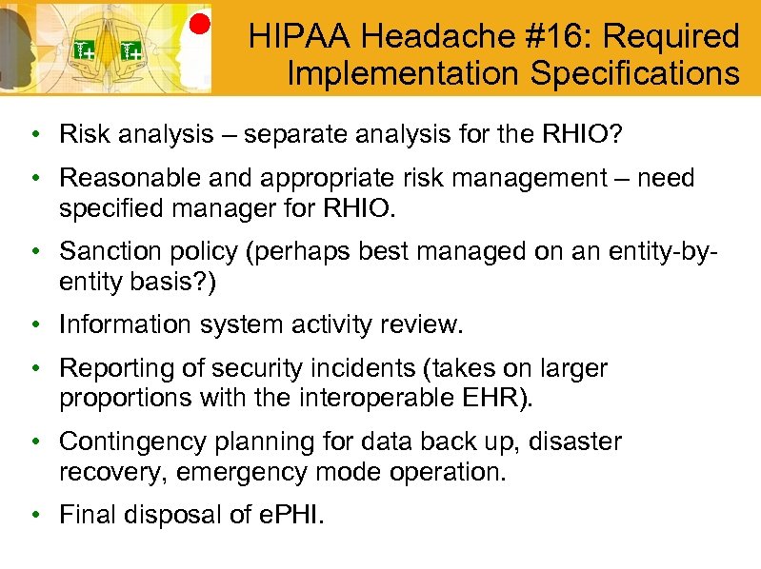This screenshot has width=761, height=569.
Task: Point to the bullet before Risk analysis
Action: point(33,135)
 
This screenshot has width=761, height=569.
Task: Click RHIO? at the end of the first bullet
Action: point(583,135)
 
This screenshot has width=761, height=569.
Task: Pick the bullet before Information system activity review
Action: point(33,324)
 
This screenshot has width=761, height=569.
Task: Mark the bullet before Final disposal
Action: point(33,515)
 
